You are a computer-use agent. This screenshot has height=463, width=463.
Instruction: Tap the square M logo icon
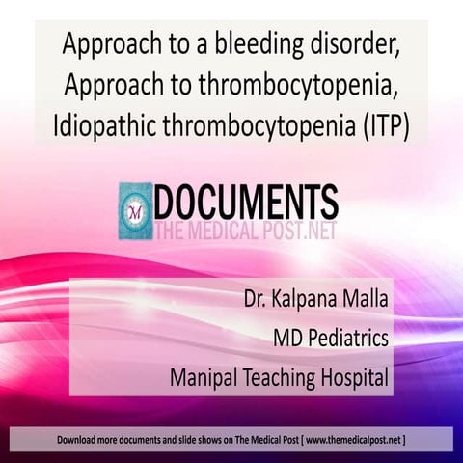click(136, 211)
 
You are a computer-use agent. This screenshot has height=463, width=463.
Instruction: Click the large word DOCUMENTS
click(247, 202)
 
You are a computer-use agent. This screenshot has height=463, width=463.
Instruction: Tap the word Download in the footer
click(77, 440)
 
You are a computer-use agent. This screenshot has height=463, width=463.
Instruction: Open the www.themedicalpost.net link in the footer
click(352, 440)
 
